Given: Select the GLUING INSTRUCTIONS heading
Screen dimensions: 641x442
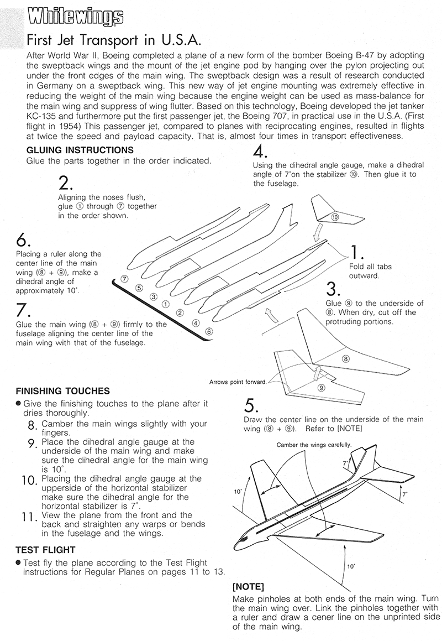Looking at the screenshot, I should point(79,150).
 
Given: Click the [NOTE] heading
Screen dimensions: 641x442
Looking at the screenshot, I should point(249,586).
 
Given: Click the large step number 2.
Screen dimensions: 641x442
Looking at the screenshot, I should point(65,183).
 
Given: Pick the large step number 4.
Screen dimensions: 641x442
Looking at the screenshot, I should point(260,152).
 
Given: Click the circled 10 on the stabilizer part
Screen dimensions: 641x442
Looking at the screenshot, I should point(335,217).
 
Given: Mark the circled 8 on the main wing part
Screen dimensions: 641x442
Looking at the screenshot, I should point(346,358).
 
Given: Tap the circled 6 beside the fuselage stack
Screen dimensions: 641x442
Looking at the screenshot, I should point(208,331).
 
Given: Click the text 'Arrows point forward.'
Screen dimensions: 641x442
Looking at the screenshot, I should point(238,382).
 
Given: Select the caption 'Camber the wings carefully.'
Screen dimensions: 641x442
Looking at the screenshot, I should point(313,445).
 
